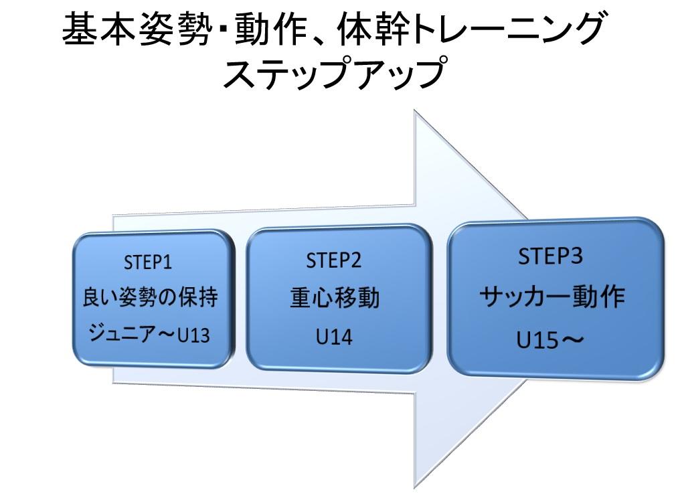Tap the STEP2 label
[334, 260]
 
